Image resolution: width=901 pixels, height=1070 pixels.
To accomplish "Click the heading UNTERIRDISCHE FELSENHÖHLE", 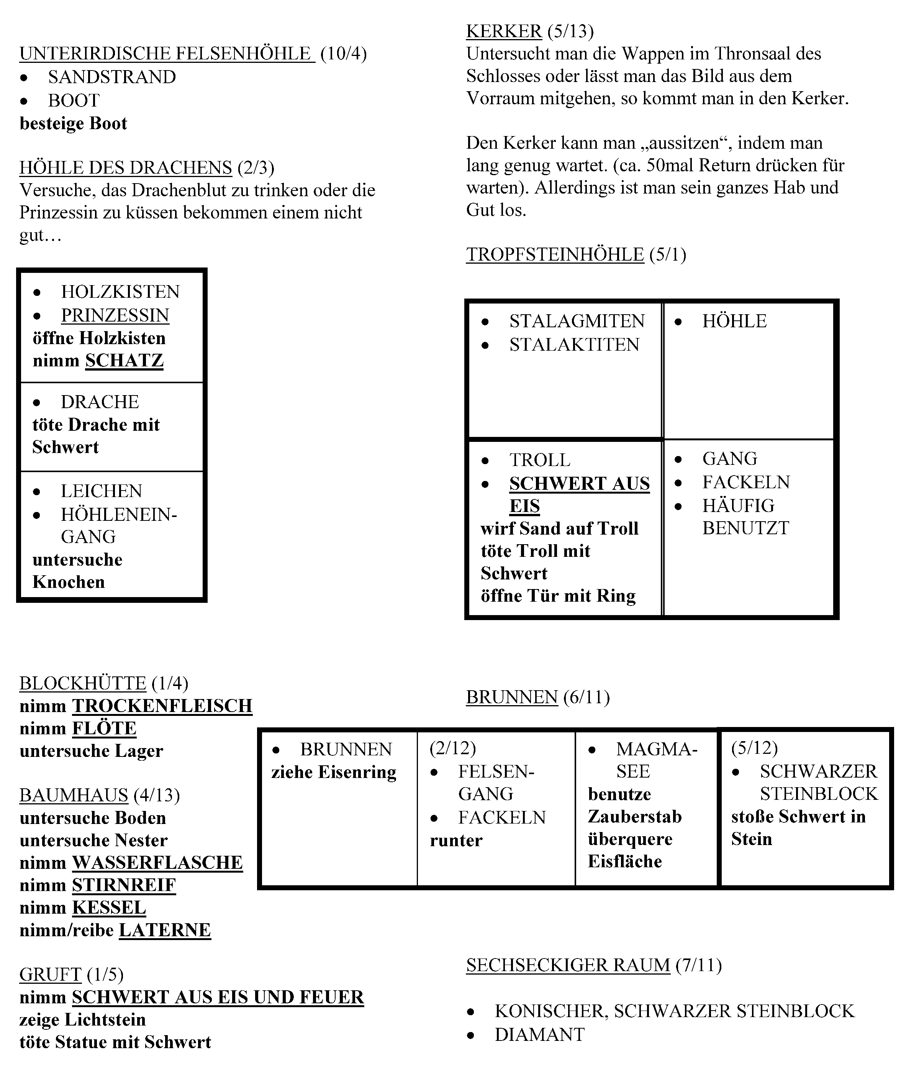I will (167, 54).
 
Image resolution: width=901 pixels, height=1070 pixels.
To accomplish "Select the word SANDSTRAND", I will (112, 77).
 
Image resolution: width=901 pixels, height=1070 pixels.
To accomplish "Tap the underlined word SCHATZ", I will (124, 361).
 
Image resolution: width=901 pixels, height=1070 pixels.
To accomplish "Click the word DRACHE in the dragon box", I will (100, 402).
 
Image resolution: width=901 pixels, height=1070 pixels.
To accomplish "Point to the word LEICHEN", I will (101, 491).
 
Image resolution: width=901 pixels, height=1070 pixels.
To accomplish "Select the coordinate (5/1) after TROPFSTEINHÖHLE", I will (668, 254).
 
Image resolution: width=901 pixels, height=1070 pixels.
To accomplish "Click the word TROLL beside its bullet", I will (540, 460).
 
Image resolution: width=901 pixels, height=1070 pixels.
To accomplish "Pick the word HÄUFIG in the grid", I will (738, 506).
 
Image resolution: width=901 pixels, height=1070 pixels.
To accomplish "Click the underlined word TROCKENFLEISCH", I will (162, 706).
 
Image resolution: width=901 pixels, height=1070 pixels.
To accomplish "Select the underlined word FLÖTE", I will (104, 729).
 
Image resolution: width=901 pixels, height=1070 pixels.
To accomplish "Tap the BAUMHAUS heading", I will (74, 796).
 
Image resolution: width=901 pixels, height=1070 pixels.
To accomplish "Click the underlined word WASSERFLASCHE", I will (157, 863).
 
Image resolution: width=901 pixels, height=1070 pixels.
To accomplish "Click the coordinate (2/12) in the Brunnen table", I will (452, 748).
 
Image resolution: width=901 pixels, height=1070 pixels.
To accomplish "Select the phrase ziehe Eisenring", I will (334, 772).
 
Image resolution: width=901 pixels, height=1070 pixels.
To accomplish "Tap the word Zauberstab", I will (634, 817).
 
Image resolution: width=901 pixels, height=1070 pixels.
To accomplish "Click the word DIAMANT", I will (539, 1035).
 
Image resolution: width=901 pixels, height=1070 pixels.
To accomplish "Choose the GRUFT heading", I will (50, 975).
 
